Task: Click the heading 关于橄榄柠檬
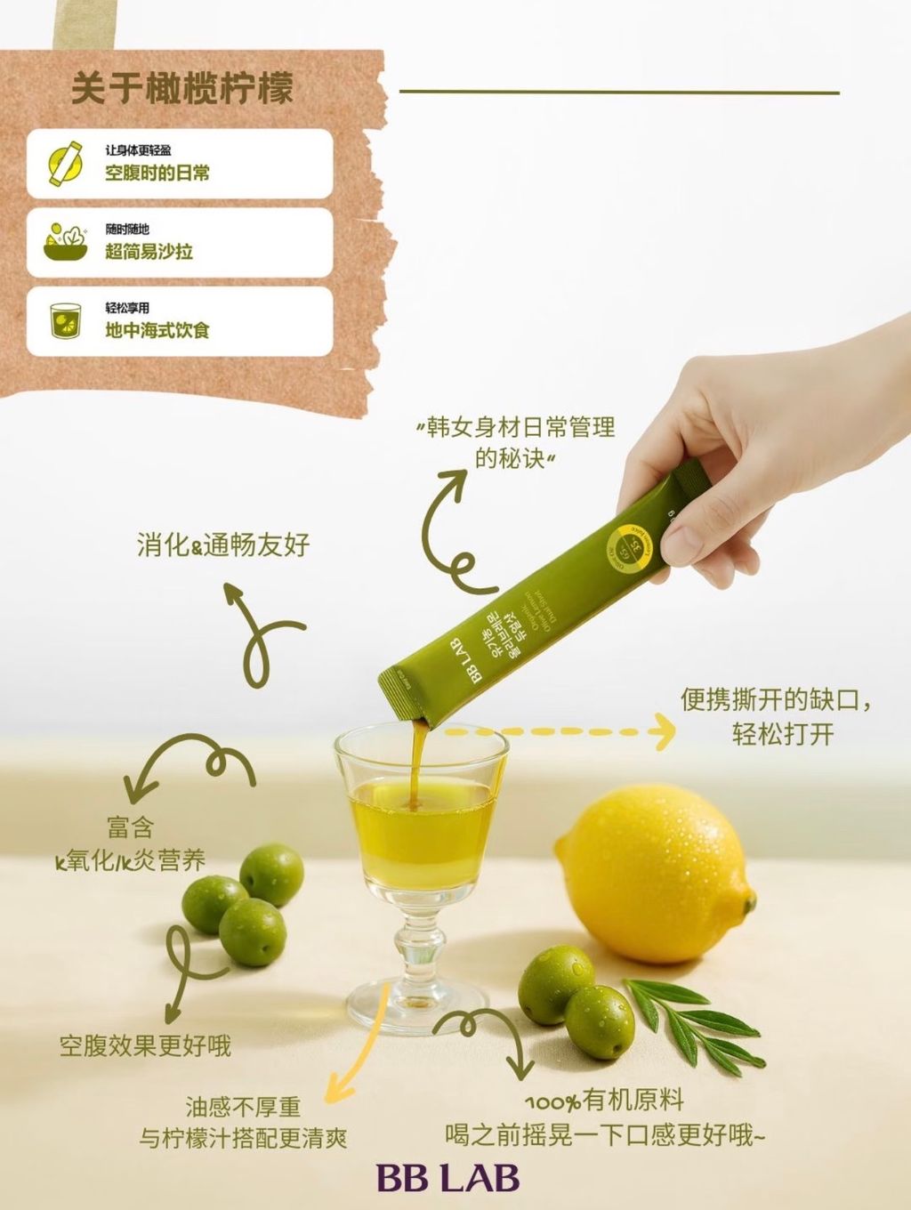pos(181,90)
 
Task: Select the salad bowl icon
pos(66,241)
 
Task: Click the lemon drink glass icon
pos(66,320)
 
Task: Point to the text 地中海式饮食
pos(157,330)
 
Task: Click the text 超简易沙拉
pos(149,252)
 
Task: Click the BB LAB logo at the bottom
pos(447,1178)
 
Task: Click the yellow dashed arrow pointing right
pos(560,731)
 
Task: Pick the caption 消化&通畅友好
pos(223,544)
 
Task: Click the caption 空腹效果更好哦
pos(145,1045)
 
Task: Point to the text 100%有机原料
pos(604,1101)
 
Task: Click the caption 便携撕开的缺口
pos(777,699)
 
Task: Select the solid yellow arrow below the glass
pos(356,1050)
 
